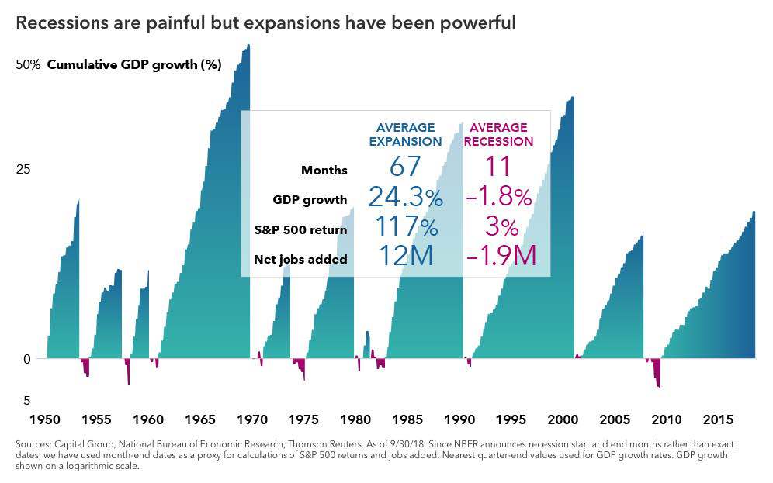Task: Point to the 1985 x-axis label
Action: (407, 419)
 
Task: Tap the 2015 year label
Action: (718, 419)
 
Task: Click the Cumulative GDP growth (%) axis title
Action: (134, 65)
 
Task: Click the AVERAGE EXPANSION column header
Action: (405, 135)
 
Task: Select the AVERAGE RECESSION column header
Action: (498, 135)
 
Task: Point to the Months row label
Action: (324, 171)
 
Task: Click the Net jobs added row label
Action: (300, 259)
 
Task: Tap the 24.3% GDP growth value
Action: (405, 198)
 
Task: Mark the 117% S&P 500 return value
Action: (406, 227)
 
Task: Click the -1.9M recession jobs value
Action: (501, 257)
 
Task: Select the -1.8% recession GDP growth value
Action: (499, 198)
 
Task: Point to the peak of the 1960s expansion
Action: (248, 46)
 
